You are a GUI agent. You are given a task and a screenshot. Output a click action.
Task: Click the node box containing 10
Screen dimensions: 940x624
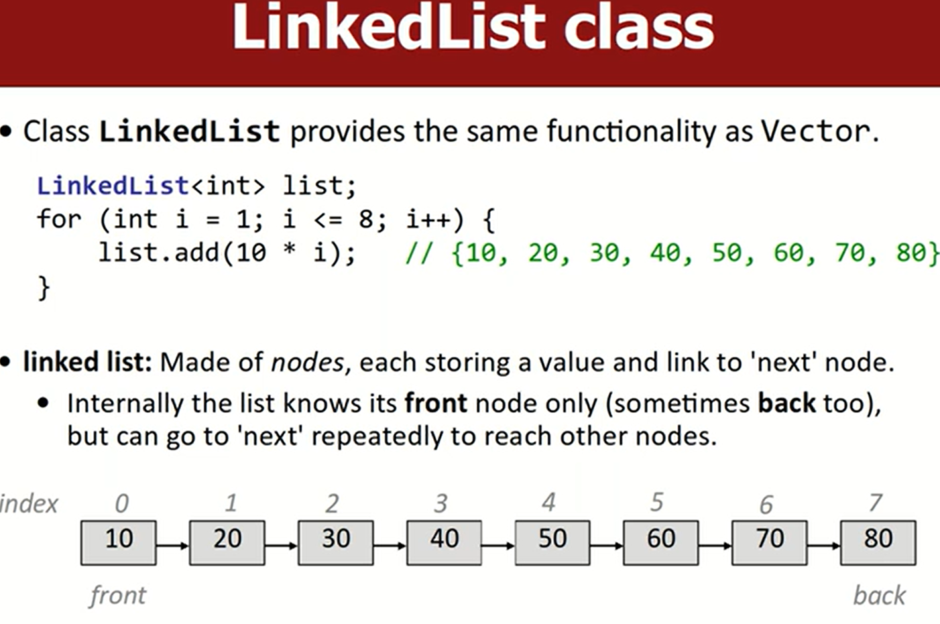pos(119,543)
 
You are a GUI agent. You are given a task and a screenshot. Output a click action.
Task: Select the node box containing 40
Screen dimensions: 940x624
pos(444,543)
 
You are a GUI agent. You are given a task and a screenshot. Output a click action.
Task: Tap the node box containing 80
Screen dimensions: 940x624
pos(878,543)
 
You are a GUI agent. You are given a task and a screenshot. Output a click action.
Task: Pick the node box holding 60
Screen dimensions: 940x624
pos(661,543)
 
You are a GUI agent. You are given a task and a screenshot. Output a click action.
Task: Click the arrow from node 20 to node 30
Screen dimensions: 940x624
pos(281,546)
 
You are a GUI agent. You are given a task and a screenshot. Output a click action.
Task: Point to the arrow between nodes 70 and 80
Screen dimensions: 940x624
pos(824,546)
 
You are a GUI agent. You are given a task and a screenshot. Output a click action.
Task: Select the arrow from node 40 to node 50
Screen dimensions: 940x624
pos(498,546)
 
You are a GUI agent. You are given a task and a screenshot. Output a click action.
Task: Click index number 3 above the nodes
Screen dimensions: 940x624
pos(440,503)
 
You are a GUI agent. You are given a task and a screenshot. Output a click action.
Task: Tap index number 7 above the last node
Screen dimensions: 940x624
pos(876,503)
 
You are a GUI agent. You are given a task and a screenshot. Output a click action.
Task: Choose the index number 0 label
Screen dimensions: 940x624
pos(122,503)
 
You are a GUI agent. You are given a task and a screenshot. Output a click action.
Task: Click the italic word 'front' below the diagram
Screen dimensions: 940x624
pos(118,596)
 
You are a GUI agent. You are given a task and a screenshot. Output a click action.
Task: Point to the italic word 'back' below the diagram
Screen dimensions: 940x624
pos(880,596)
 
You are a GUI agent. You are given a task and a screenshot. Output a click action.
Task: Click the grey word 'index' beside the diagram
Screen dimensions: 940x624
pos(29,503)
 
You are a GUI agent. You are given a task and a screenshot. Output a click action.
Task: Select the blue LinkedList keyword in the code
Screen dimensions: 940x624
pos(113,186)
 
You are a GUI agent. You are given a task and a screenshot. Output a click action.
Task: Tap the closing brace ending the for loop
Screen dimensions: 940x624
pos(44,288)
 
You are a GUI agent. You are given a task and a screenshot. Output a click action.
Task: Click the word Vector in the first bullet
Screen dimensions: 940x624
pos(815,131)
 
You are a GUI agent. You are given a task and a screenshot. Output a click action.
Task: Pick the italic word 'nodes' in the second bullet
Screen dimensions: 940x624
pos(307,363)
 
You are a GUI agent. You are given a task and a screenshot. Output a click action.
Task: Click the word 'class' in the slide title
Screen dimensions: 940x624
pos(638,27)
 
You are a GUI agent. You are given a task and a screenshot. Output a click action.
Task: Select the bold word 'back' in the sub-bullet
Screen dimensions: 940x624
pos(787,403)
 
